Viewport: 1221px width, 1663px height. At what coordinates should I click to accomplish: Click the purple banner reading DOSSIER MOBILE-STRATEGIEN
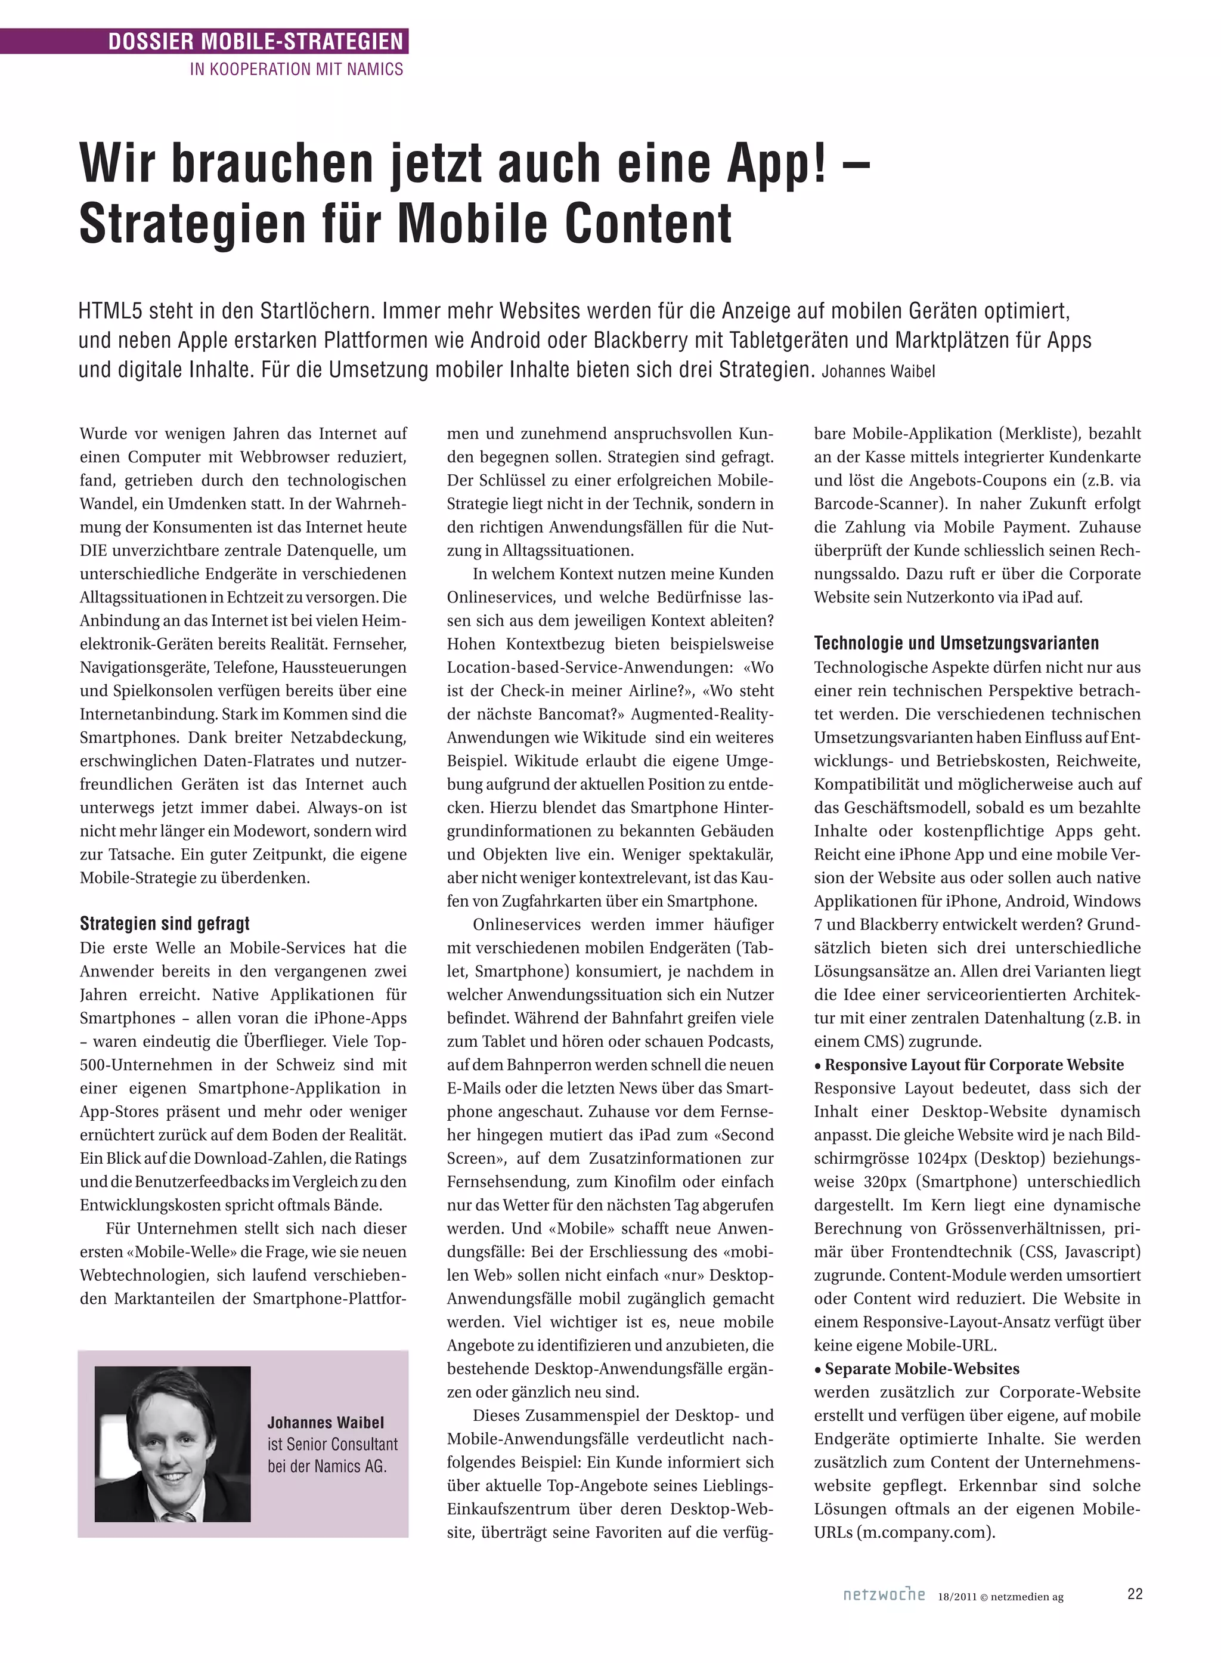255,41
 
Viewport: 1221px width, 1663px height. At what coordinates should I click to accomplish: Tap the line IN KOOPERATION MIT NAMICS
296,70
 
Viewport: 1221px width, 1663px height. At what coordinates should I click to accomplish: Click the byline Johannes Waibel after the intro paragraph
878,371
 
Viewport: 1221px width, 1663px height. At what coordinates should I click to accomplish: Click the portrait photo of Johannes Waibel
172,1443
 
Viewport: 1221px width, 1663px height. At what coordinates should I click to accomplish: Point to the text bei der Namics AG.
327,1466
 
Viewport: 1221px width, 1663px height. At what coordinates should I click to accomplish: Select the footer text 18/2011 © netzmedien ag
1001,1596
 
